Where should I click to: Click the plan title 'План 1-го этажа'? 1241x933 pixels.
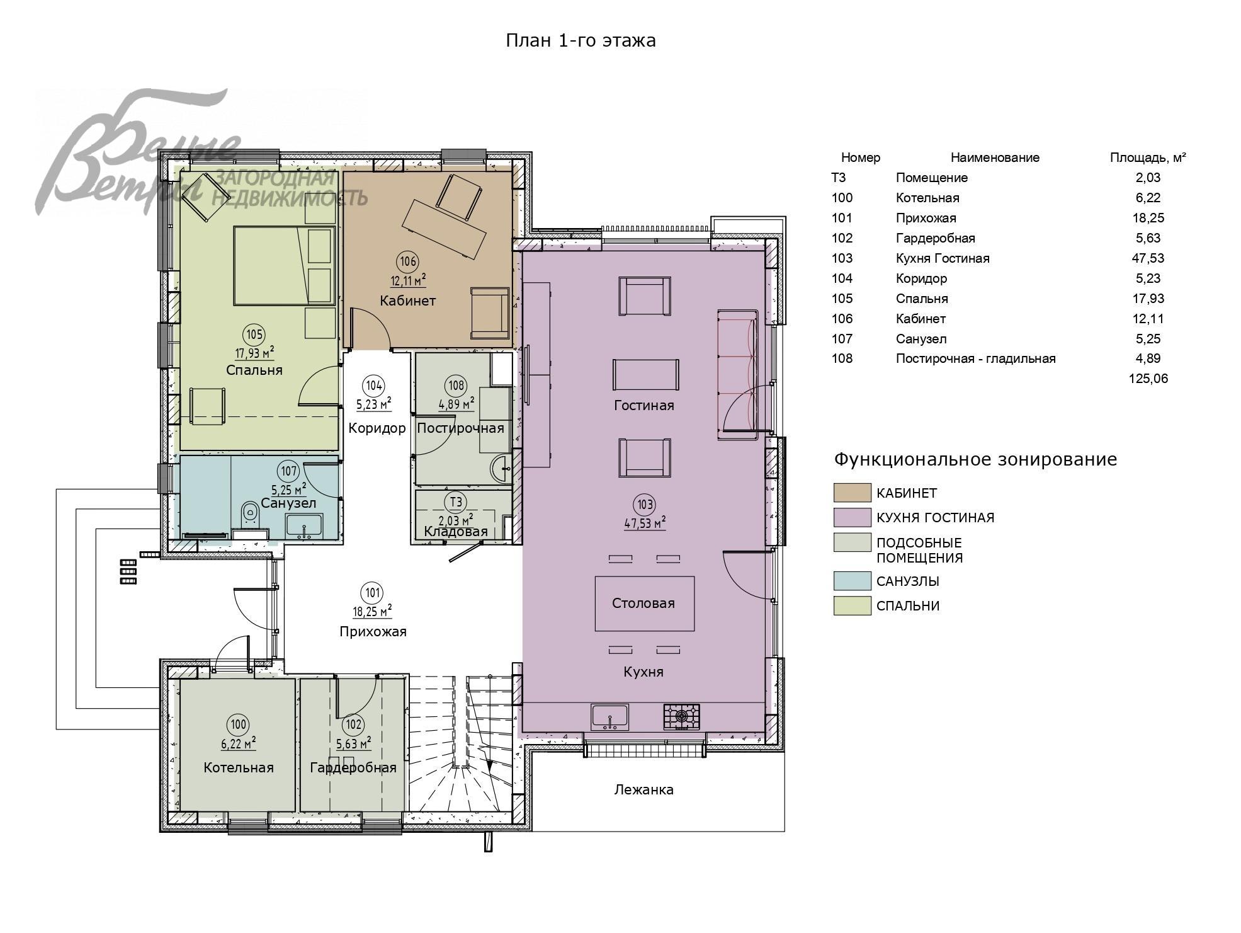[x=581, y=41]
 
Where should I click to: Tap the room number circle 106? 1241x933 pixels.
[x=407, y=261]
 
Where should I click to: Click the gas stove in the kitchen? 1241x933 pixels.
[x=682, y=716]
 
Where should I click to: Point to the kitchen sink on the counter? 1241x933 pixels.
[x=609, y=716]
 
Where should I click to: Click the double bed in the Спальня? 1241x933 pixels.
[x=283, y=266]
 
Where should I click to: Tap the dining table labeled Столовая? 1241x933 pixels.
[x=645, y=604]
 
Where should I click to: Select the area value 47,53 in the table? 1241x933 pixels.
[x=1148, y=258]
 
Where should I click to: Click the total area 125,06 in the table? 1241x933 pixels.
[x=1148, y=379]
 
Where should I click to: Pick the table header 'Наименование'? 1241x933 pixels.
[x=995, y=157]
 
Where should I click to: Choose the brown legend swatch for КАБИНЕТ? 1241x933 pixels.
[x=852, y=493]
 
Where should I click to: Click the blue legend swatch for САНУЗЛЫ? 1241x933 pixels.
[x=852, y=581]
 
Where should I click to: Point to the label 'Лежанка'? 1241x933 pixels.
[x=643, y=789]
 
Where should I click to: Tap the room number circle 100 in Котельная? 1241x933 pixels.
[x=239, y=725]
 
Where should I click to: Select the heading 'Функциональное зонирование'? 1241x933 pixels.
[x=975, y=459]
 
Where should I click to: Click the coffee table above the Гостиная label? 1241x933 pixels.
[x=646, y=375]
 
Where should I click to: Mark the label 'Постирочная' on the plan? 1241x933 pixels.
[x=460, y=428]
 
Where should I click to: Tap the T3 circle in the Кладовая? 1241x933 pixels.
[x=455, y=502]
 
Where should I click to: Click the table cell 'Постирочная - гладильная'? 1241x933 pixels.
[x=975, y=359]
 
